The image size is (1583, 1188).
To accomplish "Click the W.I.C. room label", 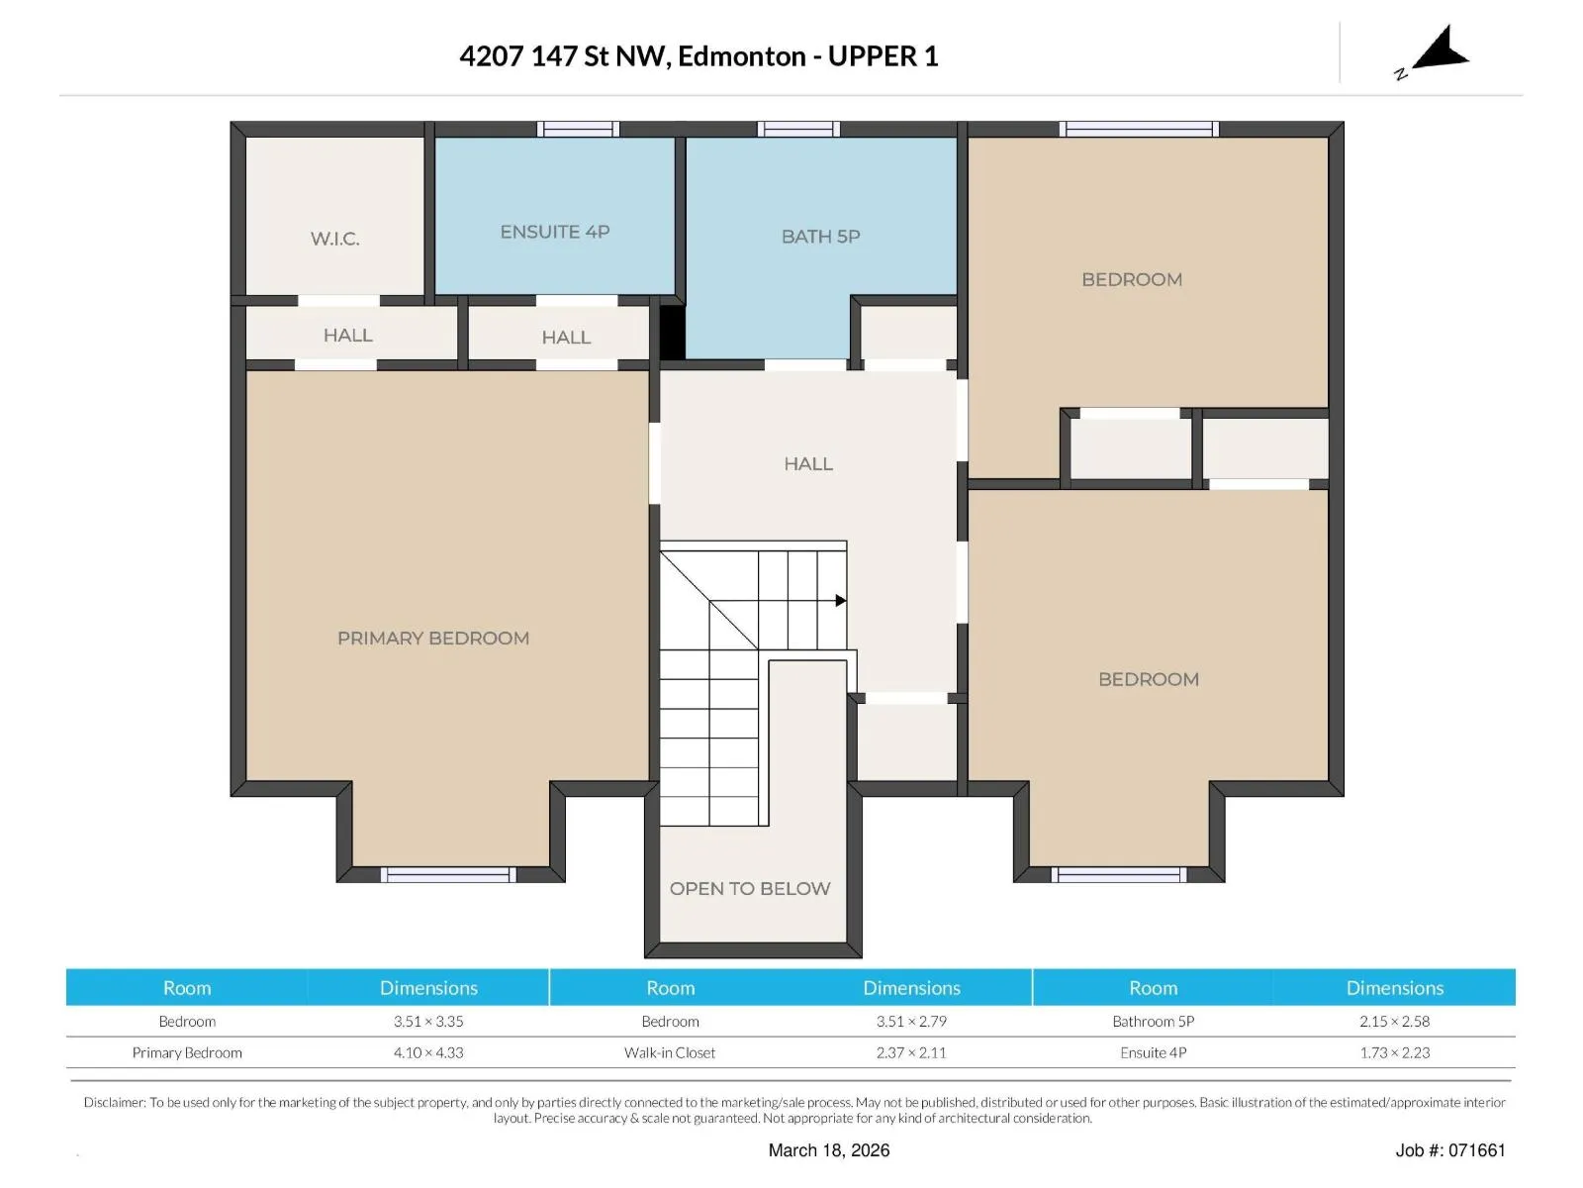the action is (x=334, y=239).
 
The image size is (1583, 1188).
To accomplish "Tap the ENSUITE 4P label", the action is (x=555, y=232).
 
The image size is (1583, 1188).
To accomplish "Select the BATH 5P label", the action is (x=821, y=236).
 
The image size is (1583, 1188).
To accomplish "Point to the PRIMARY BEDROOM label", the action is (x=432, y=638).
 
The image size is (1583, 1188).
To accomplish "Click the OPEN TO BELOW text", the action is (x=750, y=888).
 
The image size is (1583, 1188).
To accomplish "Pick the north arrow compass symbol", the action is (x=1437, y=50).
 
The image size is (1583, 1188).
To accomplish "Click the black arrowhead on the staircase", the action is (x=841, y=600).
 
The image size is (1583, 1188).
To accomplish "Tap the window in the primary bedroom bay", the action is (x=448, y=874).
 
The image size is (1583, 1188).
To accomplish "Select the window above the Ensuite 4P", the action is (x=579, y=129).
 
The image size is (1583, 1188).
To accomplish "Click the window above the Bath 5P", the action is (x=798, y=129).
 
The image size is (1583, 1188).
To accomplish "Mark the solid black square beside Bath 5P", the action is (x=672, y=332).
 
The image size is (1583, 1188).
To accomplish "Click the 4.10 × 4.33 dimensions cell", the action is (x=428, y=1052).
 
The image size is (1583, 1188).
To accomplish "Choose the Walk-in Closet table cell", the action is (x=670, y=1052).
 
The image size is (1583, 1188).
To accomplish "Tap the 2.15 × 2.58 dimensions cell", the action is (x=1395, y=1021).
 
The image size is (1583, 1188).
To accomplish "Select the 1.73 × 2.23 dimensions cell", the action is (x=1395, y=1052).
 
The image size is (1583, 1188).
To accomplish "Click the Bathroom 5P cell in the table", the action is (x=1154, y=1021).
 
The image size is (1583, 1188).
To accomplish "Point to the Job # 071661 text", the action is (x=1450, y=1149).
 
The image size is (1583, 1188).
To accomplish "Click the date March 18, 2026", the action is (x=829, y=1149).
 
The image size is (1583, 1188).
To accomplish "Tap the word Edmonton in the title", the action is (x=741, y=56).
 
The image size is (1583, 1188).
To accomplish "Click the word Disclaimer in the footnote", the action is (x=115, y=1102).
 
